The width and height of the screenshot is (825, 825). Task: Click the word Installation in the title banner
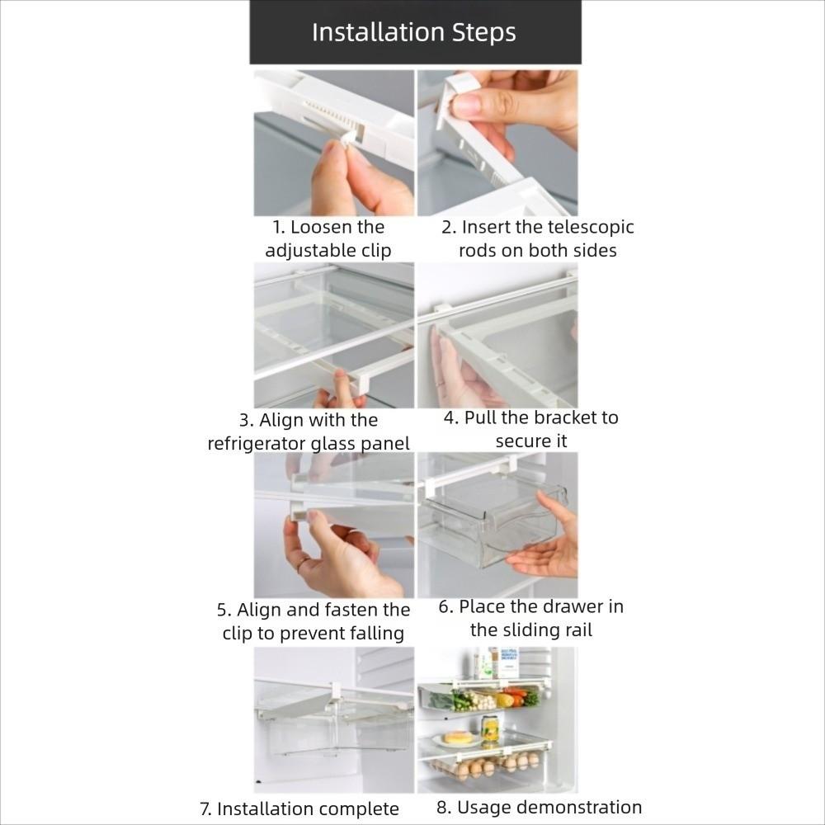coord(378,32)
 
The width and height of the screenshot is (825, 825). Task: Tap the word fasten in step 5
coord(346,610)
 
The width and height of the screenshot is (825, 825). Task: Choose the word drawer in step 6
coord(575,606)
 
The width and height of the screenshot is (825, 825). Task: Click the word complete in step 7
coord(359,808)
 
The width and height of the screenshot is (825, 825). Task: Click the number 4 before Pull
coord(450,417)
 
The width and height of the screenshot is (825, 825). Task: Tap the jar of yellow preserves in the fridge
coord(490,728)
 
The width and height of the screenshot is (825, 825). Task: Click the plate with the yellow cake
coord(458,738)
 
